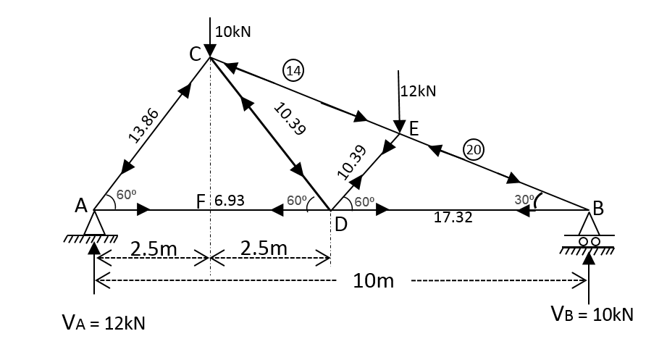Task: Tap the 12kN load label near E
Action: pos(418,91)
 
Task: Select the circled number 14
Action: pos(294,70)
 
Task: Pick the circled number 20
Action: pos(474,150)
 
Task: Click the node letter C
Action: pos(196,53)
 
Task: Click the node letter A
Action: pos(81,205)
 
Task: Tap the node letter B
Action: pos(597,206)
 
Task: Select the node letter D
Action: pos(340,225)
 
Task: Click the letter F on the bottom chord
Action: pos(204,200)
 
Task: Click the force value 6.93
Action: pos(229,200)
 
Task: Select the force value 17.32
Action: pos(453,218)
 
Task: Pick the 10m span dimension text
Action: pos(374,280)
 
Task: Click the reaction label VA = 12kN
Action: pos(104,323)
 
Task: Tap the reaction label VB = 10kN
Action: pos(592,314)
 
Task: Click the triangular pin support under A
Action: pos(94,224)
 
